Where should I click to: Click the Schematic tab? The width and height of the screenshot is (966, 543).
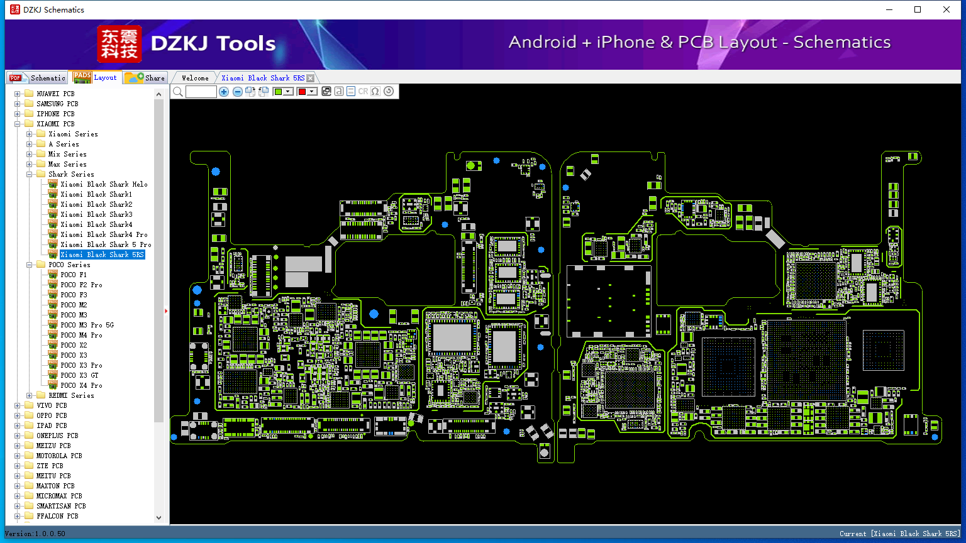(38, 77)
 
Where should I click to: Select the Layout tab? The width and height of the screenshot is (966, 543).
(96, 77)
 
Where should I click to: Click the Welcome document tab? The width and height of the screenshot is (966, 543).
(195, 78)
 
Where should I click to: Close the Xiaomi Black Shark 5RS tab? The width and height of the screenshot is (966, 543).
(311, 78)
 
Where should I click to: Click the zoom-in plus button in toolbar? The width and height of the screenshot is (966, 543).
(224, 91)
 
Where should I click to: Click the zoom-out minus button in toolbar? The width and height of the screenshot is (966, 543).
(237, 91)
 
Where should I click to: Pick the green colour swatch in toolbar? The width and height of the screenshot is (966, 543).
(278, 91)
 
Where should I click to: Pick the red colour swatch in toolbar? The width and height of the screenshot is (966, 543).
(302, 91)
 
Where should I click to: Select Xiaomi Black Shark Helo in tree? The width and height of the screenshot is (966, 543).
(104, 184)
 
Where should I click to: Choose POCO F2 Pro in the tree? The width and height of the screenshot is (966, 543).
(81, 285)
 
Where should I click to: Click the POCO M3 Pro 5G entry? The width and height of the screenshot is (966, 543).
(87, 325)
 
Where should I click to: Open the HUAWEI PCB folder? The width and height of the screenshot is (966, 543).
(55, 94)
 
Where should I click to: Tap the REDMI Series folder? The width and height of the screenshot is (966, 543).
(71, 395)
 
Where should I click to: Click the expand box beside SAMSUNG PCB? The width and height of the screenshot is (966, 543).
(17, 104)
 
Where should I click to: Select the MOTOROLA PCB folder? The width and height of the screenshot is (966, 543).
(59, 456)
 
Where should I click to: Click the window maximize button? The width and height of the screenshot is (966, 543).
(918, 9)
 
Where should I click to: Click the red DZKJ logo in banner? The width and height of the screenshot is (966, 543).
(119, 43)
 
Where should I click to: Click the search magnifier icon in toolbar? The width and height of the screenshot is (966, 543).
(178, 91)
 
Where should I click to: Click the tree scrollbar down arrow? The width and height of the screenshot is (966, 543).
(158, 518)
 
